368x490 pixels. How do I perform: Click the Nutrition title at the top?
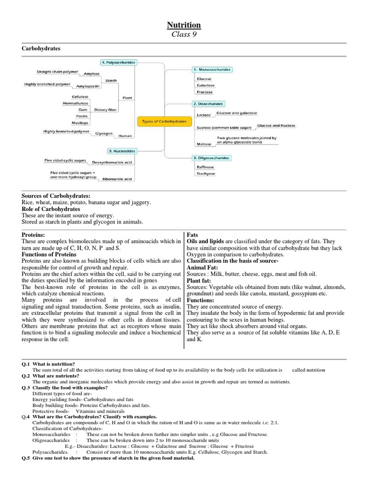tap(184, 25)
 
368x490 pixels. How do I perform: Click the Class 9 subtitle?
tap(184, 34)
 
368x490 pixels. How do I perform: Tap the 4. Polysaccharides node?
tap(118, 62)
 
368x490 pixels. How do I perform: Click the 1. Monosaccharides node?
tap(212, 69)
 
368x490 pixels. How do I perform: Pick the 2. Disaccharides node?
tap(208, 103)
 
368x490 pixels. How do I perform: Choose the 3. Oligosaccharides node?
tap(211, 157)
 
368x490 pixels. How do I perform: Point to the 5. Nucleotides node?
tap(118, 151)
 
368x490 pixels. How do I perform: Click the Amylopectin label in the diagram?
tap(88, 87)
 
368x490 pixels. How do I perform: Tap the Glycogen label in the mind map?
tap(103, 134)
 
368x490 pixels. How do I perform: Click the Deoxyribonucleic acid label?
tap(112, 163)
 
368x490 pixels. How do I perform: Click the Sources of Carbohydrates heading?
tap(56, 196)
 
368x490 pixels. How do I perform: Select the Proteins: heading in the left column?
tap(34, 235)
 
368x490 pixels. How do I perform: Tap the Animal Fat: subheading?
tap(202, 267)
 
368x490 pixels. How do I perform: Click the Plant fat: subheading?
tap(200, 280)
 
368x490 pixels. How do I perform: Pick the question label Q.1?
tap(26, 364)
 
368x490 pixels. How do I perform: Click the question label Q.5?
tap(26, 458)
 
